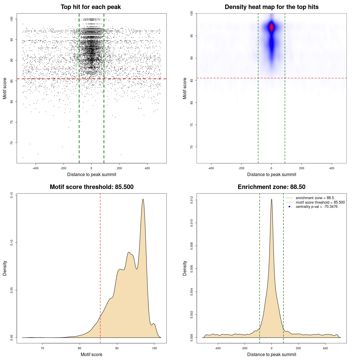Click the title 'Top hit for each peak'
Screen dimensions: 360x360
91,7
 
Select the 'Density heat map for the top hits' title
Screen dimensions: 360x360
271,7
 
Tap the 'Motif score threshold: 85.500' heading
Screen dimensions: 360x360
91,187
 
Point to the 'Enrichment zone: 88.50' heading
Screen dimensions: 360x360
271,187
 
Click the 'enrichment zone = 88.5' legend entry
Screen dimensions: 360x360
315,198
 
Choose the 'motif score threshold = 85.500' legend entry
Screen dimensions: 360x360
320,202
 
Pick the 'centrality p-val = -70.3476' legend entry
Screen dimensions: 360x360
316,207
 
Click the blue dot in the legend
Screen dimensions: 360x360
289,207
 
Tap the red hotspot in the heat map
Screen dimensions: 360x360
271,28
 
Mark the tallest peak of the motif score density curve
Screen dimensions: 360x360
143,199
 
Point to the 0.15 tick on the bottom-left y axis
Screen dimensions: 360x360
12,195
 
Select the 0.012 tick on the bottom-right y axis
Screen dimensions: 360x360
192,200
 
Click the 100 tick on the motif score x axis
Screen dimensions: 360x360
154,348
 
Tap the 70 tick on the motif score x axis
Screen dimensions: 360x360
42,348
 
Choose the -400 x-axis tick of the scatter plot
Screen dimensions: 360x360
35,168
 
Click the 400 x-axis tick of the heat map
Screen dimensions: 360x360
332,168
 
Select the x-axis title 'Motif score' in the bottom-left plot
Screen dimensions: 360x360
91,354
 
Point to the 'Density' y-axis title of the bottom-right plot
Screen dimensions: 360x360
185,268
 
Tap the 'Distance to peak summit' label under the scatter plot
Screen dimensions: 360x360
92,174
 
